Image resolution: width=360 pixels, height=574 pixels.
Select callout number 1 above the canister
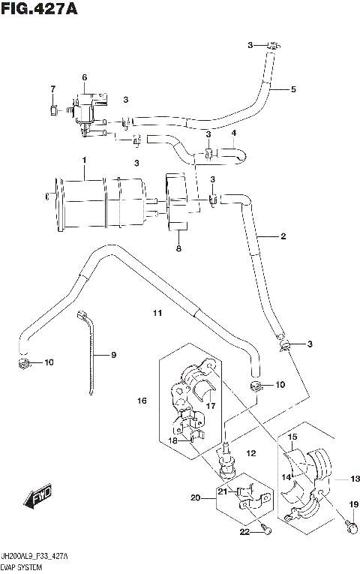coord(85,161)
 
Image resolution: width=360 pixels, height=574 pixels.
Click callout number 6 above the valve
coord(85,77)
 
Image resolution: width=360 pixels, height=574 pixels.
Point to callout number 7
coord(52,90)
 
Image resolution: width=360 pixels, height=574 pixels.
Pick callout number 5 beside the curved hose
coord(292,90)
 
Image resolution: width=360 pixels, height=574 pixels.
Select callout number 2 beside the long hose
coord(283,237)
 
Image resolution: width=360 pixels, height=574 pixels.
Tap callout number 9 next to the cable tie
coord(114,355)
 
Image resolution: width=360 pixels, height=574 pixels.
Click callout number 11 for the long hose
coord(157,312)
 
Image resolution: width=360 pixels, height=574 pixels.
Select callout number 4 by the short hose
coord(233,134)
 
